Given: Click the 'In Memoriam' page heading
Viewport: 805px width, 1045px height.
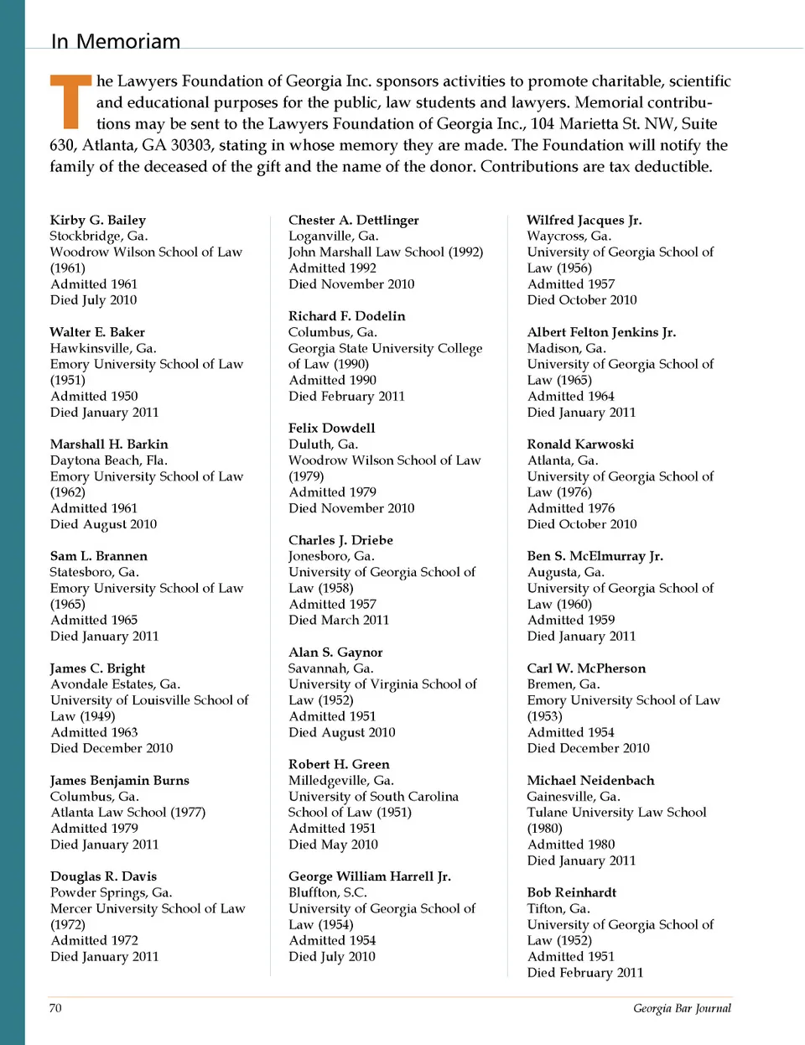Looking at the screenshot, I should [116, 41].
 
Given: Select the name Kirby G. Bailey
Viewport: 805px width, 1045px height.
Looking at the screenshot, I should [97, 220].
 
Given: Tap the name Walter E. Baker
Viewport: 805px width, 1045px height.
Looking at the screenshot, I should [97, 332].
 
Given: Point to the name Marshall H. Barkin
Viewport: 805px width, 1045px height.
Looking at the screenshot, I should [109, 444].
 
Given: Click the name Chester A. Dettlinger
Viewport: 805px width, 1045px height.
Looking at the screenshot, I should [353, 220].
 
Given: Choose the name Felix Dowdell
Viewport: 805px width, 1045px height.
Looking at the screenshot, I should [331, 428].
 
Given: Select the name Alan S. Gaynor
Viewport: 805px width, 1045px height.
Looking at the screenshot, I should [335, 652].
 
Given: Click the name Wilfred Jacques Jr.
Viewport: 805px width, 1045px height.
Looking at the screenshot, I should [584, 220].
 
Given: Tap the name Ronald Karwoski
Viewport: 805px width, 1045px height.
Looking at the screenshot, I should [580, 444].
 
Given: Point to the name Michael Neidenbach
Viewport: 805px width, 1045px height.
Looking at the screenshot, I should [590, 780].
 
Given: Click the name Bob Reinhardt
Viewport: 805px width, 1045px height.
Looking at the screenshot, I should [571, 892].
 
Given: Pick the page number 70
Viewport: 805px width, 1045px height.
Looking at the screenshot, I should [55, 1008].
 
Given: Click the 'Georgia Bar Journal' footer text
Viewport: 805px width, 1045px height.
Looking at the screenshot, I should [682, 1008].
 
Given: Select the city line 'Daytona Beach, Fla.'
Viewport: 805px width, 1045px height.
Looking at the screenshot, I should [109, 460].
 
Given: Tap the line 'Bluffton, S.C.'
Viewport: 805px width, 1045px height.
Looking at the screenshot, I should [328, 892].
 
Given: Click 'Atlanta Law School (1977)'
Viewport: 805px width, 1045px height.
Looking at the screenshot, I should [127, 812].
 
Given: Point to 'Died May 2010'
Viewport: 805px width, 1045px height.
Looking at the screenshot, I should [333, 845].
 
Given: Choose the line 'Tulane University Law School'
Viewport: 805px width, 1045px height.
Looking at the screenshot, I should [616, 812].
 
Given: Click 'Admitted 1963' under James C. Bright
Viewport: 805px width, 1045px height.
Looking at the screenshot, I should [94, 732].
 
